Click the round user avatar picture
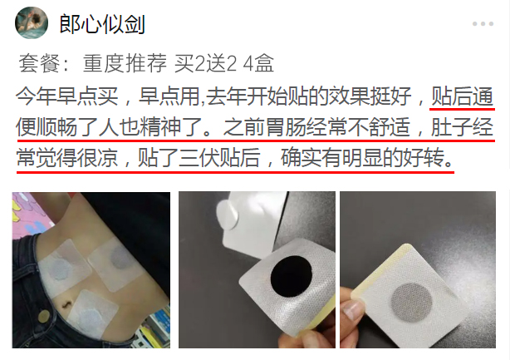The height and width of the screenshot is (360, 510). [32, 22]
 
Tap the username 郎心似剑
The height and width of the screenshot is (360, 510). [102, 24]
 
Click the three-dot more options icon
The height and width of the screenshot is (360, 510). [483, 24]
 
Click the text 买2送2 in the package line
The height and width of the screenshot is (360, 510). [205, 63]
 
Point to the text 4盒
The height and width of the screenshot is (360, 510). [258, 63]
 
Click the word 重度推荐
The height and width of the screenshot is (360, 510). [125, 63]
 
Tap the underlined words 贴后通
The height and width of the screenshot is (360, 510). [462, 96]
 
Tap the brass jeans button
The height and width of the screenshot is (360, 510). [43, 315]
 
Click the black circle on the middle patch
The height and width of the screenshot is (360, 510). [291, 276]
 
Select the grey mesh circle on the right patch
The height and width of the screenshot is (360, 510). [411, 302]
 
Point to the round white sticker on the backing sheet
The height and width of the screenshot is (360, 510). [228, 215]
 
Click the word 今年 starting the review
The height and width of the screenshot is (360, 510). [36, 96]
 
